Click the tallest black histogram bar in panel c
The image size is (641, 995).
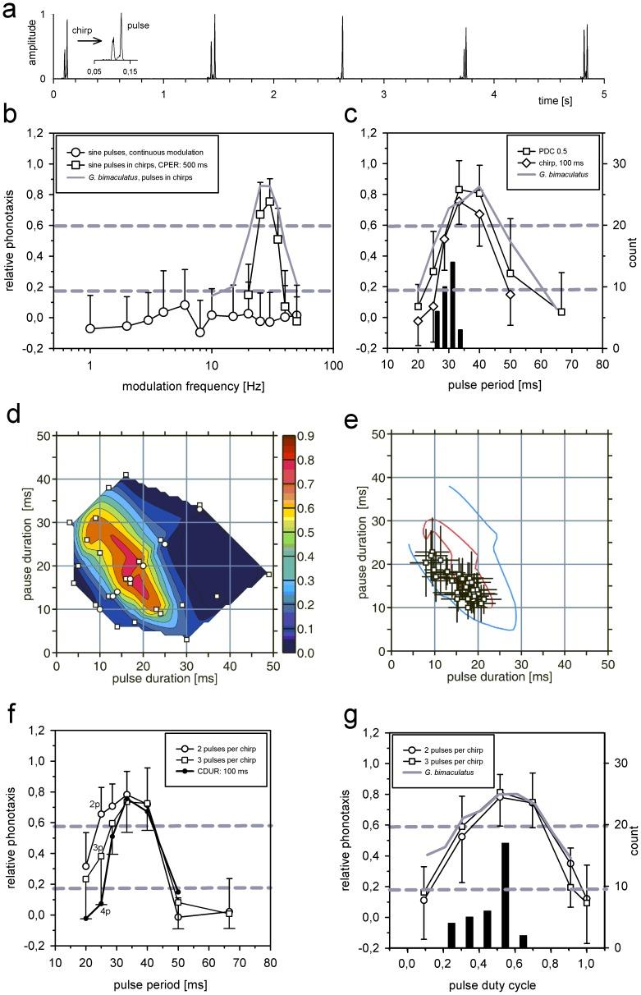(x=452, y=305)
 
